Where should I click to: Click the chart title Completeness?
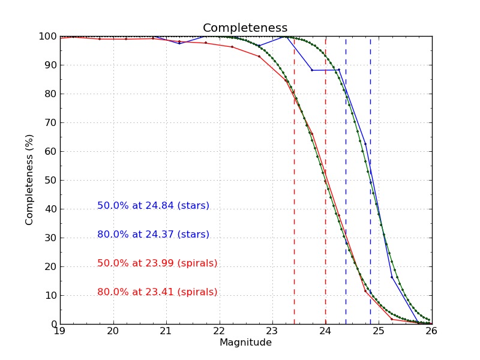coord(245,28)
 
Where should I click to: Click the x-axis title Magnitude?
coord(245,343)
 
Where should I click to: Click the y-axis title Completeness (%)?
coord(29,180)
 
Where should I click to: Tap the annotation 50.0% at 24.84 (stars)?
coord(153,206)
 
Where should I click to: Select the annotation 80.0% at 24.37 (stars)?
coord(153,235)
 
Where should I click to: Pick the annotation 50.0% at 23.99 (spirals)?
coord(157,263)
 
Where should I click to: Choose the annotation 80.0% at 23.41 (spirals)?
coord(157,292)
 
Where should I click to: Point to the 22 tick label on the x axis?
coord(219,331)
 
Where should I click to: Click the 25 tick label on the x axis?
coord(378,331)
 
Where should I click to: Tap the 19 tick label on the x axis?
coord(60,331)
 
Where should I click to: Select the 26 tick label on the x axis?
coord(431,331)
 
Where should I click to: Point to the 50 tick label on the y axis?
coord(51,181)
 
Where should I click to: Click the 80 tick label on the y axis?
coord(51,94)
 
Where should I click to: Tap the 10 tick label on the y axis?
coord(51,296)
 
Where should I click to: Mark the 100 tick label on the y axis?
coord(49,37)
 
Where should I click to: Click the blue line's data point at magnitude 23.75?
coord(312,70)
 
